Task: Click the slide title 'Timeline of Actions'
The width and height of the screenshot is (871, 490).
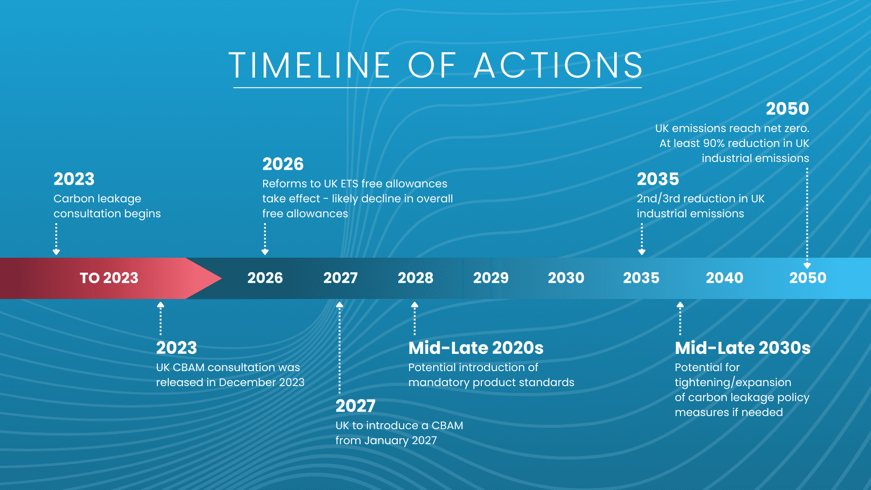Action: pos(436,65)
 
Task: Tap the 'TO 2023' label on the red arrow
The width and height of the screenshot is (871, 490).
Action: pos(109,278)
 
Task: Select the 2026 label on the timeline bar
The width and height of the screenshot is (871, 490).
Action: pos(265,278)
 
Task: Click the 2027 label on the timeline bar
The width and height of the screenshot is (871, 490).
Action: pos(340,278)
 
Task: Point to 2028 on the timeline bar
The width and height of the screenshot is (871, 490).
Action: pos(416,278)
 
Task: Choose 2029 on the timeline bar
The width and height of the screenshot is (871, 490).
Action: pos(491,278)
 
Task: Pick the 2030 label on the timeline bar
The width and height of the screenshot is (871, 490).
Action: pos(566,278)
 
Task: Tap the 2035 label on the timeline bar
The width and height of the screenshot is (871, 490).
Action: pos(641,278)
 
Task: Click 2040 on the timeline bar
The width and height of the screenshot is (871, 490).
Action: pos(724,278)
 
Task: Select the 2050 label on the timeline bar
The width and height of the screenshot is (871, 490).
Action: pos(808,278)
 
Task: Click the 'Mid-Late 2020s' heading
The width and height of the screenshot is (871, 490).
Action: pos(476,348)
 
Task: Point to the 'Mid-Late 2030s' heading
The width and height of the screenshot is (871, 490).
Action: pos(743,348)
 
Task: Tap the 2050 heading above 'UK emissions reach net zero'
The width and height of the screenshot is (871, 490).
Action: pos(788,109)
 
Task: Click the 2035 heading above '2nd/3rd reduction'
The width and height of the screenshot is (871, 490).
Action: pos(658,179)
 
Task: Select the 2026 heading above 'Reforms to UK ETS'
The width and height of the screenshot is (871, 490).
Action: pos(283,164)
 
